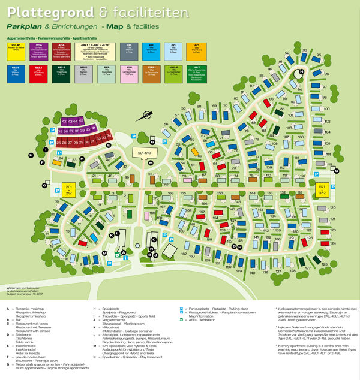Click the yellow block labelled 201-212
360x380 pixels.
68,190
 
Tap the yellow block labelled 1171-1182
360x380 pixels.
322,190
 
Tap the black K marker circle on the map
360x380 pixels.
110,236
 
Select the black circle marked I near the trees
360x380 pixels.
30,156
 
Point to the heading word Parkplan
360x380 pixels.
23,28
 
